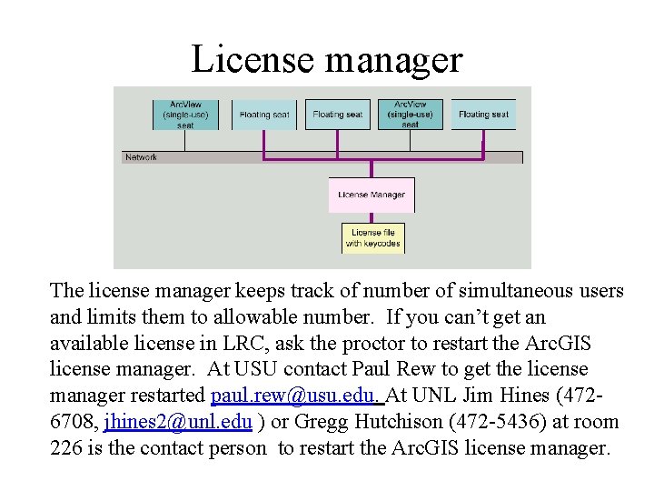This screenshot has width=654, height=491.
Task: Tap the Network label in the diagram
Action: [141, 157]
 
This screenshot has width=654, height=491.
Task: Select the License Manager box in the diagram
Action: [371, 195]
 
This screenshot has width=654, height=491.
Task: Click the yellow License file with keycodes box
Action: [372, 238]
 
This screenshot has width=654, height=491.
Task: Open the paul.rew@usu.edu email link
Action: [297, 396]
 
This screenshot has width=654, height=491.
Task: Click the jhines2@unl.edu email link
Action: [178, 422]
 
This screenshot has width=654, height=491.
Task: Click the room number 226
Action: [66, 448]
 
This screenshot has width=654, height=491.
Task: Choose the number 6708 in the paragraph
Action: [73, 422]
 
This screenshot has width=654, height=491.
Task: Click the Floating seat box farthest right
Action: [483, 115]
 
